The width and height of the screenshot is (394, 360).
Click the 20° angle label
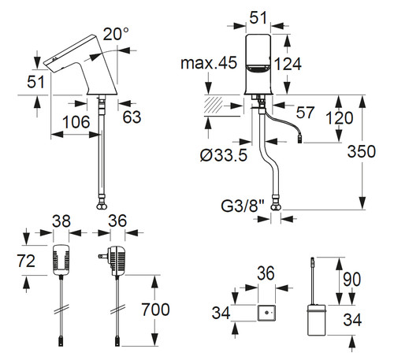[x=116, y=34]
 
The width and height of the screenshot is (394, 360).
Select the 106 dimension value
[x=76, y=122]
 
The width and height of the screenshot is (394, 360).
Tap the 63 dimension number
[x=132, y=117]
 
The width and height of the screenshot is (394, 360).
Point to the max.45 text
[x=209, y=63]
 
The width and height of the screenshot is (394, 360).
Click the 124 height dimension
[x=288, y=65]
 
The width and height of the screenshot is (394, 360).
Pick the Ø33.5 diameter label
[x=224, y=155]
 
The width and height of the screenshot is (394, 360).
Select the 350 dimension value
[x=362, y=151]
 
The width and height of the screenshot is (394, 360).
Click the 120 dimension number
[x=340, y=118]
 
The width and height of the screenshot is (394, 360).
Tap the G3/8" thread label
[x=243, y=206]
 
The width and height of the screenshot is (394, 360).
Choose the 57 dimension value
[x=305, y=113]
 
